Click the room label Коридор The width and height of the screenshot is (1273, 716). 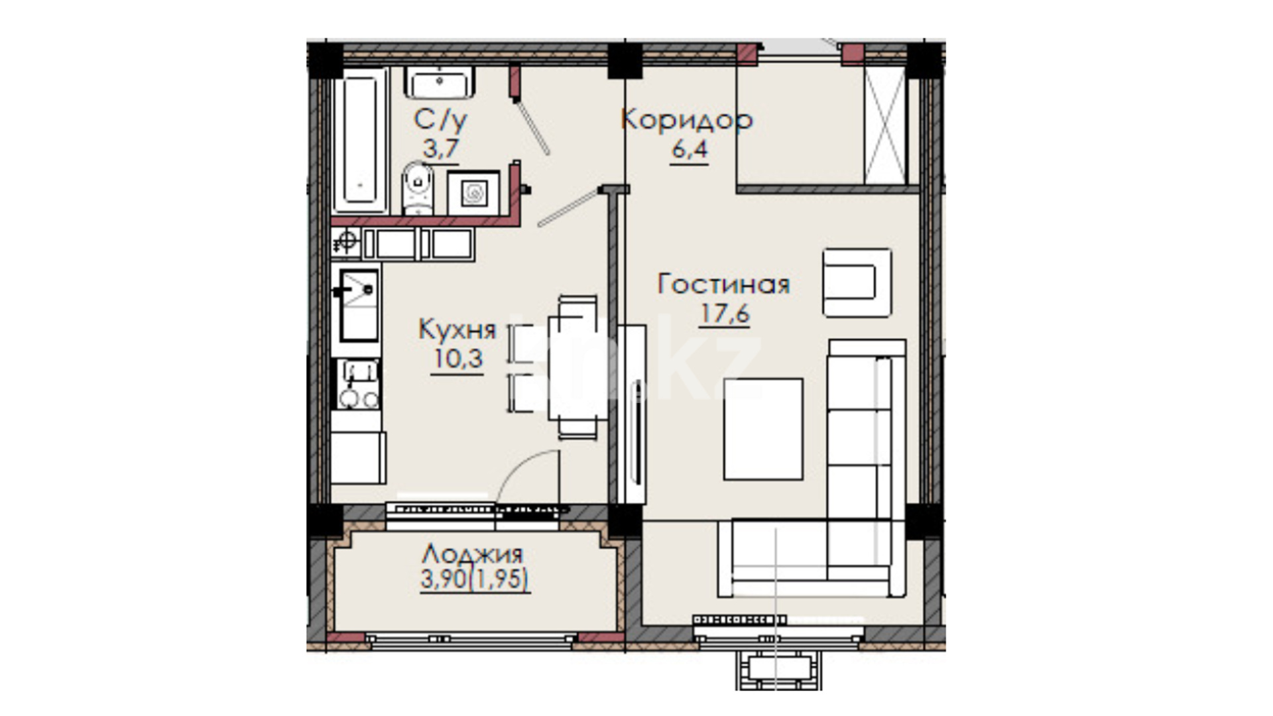pyautogui.click(x=687, y=120)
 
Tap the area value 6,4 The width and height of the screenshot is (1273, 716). pyautogui.click(x=690, y=149)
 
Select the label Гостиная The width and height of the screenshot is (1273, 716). pyautogui.click(x=724, y=284)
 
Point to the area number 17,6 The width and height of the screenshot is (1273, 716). pyautogui.click(x=725, y=314)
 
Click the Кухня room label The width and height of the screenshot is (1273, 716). pyautogui.click(x=457, y=329)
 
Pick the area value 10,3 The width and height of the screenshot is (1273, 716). pyautogui.click(x=457, y=359)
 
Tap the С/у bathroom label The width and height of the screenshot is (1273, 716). pyautogui.click(x=440, y=120)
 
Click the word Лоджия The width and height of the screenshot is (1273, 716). pyautogui.click(x=473, y=553)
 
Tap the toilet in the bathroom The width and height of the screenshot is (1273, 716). pyautogui.click(x=418, y=188)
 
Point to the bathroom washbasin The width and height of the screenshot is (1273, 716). pyautogui.click(x=440, y=83)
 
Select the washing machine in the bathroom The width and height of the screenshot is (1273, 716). pyautogui.click(x=473, y=193)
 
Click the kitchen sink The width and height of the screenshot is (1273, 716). pyautogui.click(x=358, y=304)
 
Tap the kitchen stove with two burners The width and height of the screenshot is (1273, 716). pyautogui.click(x=358, y=385)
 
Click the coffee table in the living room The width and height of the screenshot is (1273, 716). pyautogui.click(x=763, y=429)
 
